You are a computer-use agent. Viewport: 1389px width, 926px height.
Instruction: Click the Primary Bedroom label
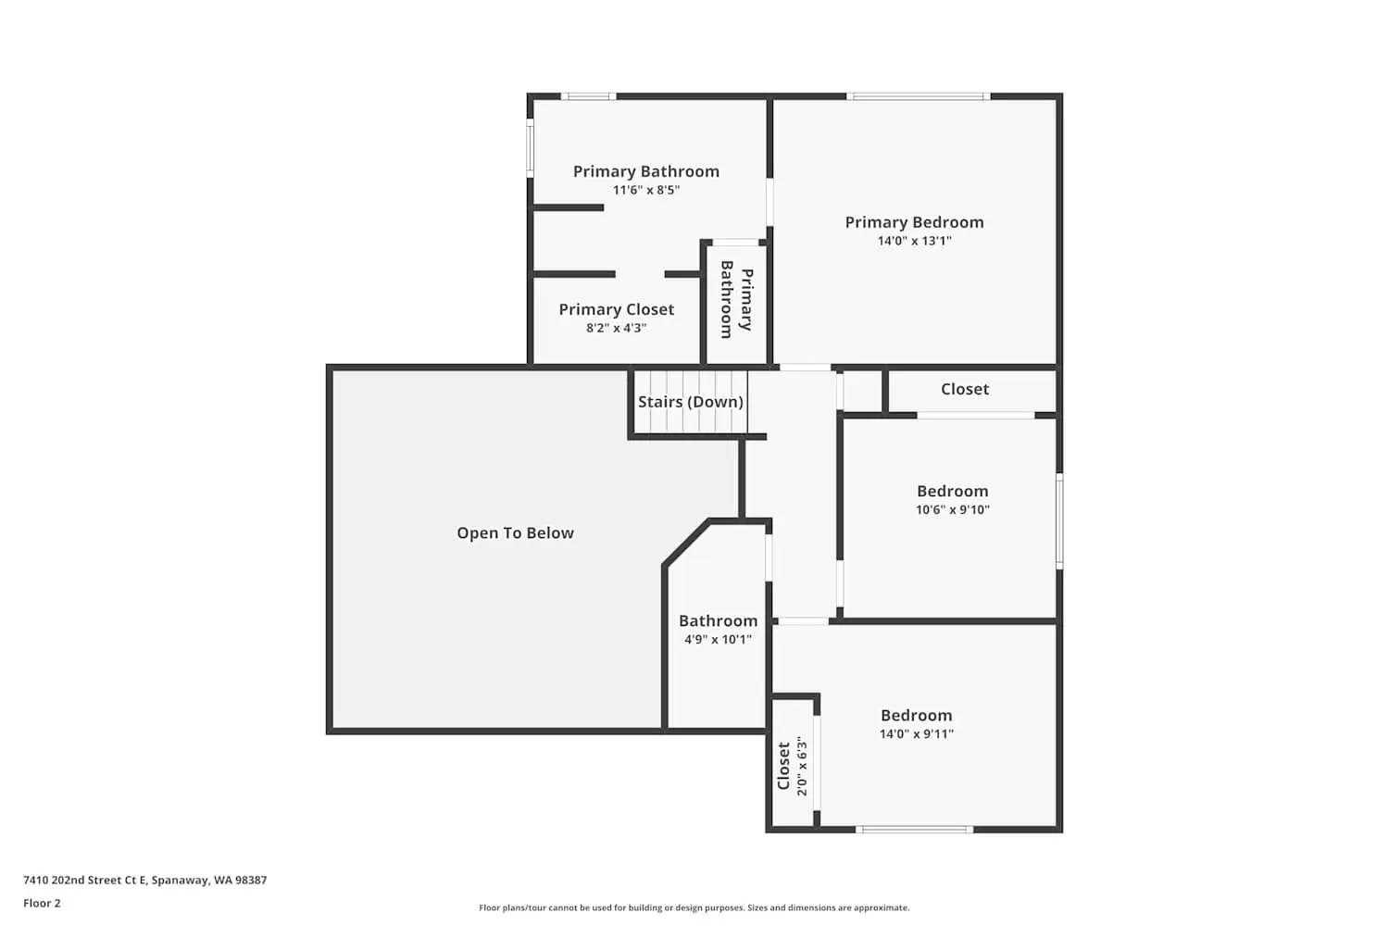[x=914, y=222]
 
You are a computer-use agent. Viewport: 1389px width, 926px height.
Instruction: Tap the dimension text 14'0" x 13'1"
[x=914, y=241]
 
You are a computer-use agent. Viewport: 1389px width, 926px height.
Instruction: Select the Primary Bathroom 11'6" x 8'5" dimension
[x=645, y=190]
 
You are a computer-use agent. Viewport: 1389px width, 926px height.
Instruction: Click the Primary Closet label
[x=616, y=309]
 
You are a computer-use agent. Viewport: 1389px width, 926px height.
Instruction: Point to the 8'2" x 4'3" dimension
[x=616, y=328]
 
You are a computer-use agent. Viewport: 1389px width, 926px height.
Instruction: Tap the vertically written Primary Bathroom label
[x=736, y=299]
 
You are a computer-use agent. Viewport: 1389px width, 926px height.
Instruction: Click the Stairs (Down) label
[x=690, y=402]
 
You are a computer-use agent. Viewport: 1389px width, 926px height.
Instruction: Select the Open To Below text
[x=515, y=533]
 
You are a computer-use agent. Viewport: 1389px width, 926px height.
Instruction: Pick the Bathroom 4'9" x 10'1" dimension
[x=718, y=639]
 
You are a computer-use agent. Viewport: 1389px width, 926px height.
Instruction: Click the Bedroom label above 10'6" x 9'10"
[x=952, y=491]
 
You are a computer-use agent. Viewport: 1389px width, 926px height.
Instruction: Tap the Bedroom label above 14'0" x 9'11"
[x=916, y=715]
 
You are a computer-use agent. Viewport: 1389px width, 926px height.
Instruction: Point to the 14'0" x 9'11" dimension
[x=916, y=733]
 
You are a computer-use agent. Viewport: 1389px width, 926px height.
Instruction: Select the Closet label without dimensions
[x=964, y=389]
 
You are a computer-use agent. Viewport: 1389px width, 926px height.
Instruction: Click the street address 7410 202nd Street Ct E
[x=144, y=880]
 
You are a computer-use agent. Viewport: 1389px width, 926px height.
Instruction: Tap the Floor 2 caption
[x=42, y=903]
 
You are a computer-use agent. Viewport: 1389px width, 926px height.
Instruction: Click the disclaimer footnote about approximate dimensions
[x=694, y=907]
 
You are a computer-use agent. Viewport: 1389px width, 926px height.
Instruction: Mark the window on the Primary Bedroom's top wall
[x=918, y=96]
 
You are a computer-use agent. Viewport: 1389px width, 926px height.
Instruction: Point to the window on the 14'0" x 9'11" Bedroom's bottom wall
[x=914, y=829]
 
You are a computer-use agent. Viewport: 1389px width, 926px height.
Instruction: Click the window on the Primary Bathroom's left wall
[x=531, y=148]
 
